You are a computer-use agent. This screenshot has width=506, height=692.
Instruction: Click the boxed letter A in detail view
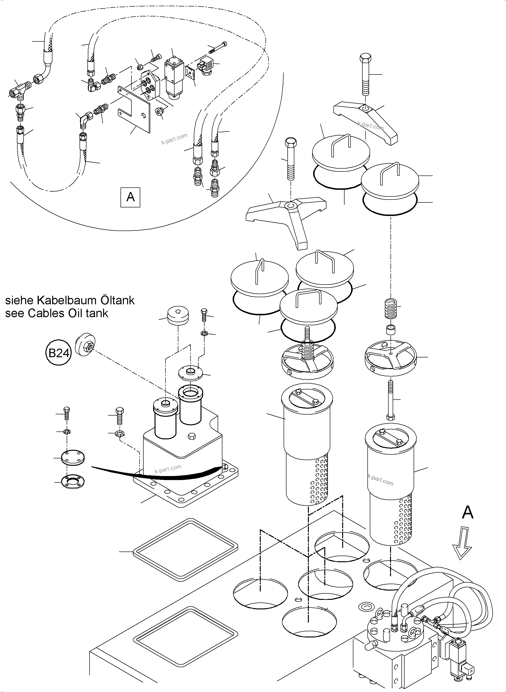[130, 197]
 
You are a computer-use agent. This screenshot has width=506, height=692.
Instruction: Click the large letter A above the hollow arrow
[467, 512]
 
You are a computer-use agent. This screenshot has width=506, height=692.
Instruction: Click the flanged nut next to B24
[85, 346]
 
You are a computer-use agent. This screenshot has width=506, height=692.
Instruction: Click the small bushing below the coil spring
[391, 331]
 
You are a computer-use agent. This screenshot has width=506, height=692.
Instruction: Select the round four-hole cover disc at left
[73, 457]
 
